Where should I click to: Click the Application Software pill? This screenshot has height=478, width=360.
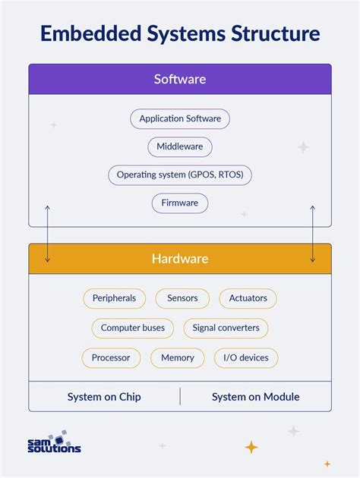pos(180,119)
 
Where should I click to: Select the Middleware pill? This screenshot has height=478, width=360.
pos(180,147)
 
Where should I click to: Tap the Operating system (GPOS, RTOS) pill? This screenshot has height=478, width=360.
pos(180,175)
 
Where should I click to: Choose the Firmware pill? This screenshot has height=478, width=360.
pos(180,203)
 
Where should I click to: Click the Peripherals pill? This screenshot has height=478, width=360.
pos(114,298)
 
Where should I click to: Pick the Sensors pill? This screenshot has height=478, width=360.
pos(182,298)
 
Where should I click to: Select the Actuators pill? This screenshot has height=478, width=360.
pos(248,298)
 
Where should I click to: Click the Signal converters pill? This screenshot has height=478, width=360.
pos(226,328)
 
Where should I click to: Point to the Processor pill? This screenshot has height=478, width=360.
pos(111,357)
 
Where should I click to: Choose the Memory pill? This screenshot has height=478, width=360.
pos(178,357)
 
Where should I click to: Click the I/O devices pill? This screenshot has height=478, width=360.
pos(246,357)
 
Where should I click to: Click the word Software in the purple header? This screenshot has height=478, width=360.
pos(180,79)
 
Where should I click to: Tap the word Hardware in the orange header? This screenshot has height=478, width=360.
pos(180,259)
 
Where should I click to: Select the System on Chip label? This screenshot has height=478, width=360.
pos(104,397)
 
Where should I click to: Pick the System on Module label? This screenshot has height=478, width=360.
pos(256,397)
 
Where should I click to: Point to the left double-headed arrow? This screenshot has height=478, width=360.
pos(47,233)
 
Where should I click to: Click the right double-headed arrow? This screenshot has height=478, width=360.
pos(312,233)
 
